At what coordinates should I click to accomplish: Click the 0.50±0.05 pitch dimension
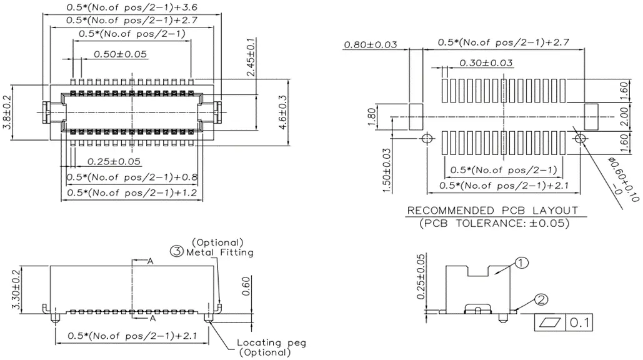pos(121,54)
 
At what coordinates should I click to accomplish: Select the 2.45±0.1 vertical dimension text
pos(251,57)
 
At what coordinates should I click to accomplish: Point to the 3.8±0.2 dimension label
pos(7,112)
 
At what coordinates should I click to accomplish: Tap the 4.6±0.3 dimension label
pos(282,111)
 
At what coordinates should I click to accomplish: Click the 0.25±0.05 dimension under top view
pos(114,161)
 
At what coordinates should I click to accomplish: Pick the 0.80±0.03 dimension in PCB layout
pos(371,45)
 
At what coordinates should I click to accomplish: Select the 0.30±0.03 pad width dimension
pos(486,62)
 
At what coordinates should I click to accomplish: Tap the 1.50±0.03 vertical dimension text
pos(387,169)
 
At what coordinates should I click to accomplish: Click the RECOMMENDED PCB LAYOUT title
pos(493,211)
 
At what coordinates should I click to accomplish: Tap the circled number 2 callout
pos(541,300)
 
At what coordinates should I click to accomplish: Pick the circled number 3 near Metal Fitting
pos(177,252)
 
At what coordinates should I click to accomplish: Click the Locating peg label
pos(271,343)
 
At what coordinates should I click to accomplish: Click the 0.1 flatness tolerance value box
pos(579,323)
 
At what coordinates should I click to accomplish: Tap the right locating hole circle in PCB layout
pos(580,137)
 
